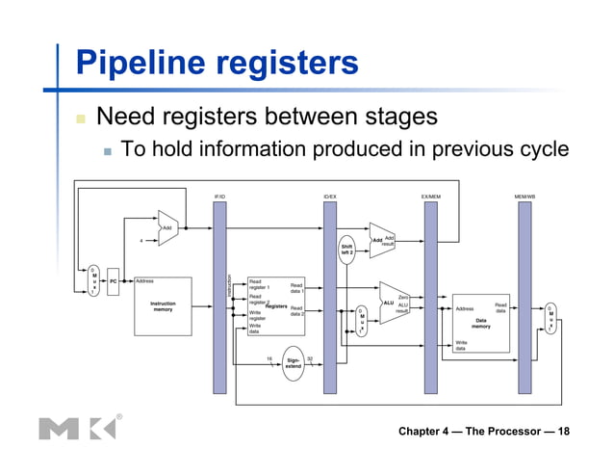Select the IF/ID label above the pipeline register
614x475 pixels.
(219, 196)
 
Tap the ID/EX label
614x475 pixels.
(329, 196)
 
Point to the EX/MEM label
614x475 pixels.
(430, 196)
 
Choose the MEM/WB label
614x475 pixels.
(524, 196)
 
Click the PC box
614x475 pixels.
(113, 281)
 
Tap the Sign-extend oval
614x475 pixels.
(294, 363)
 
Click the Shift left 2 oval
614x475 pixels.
(346, 249)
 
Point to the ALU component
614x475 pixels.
(393, 303)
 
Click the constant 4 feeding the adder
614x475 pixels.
(141, 241)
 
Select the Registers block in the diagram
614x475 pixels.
(276, 305)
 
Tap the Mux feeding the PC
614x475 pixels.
(93, 280)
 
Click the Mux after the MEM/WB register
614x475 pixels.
(550, 318)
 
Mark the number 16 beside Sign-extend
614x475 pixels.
(269, 358)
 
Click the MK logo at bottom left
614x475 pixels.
(77, 427)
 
